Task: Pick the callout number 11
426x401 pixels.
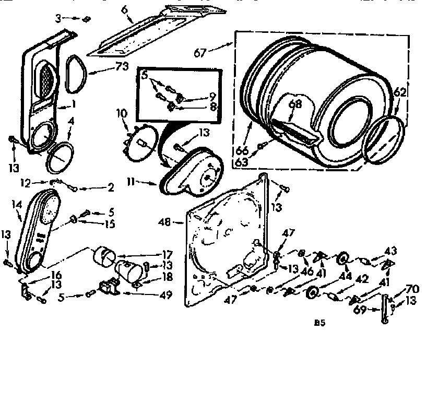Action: [x=132, y=182]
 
